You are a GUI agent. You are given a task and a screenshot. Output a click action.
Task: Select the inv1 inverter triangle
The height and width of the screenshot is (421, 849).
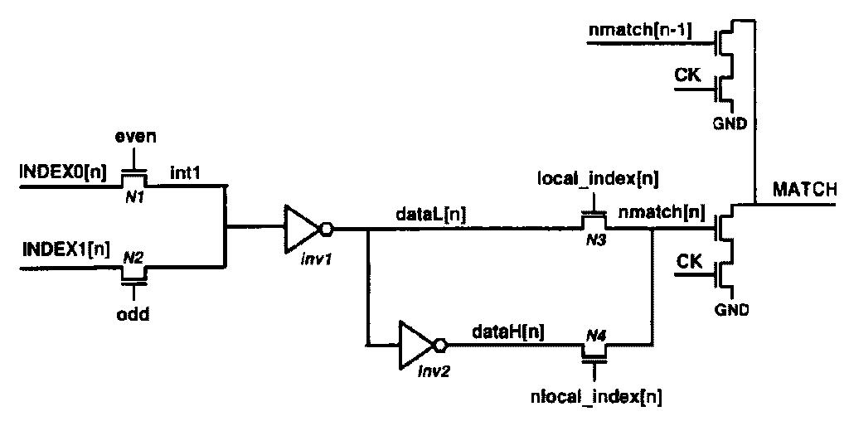pyautogui.click(x=300, y=227)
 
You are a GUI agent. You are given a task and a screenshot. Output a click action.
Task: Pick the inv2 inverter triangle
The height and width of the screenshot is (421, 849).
pyautogui.click(x=417, y=343)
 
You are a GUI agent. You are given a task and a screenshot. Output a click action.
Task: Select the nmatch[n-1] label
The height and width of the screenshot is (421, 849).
pyautogui.click(x=639, y=31)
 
